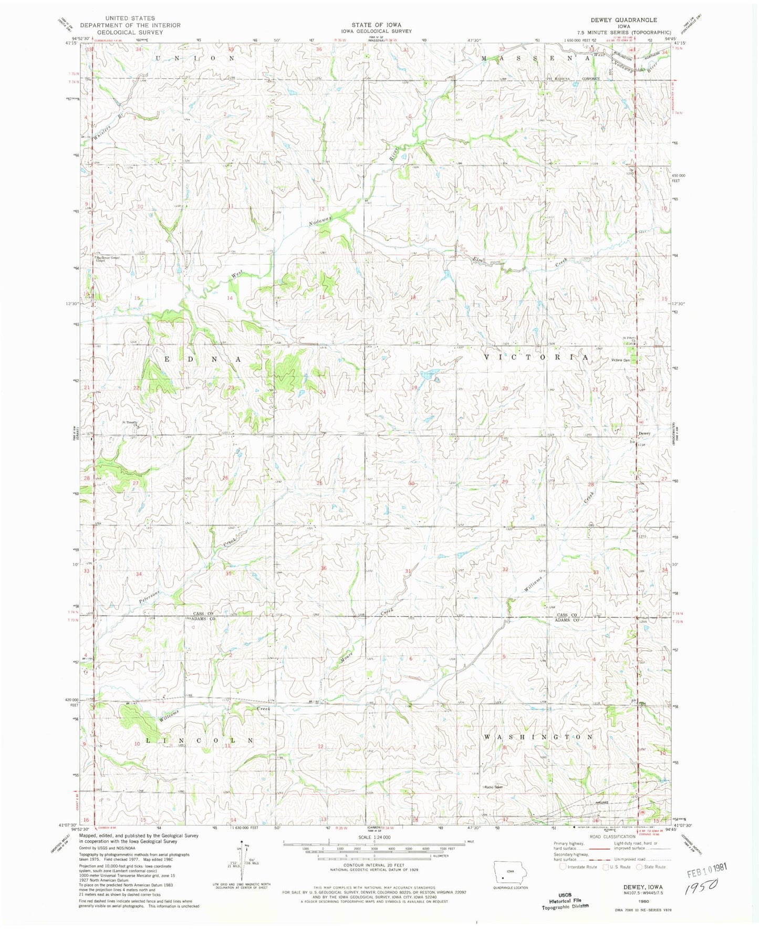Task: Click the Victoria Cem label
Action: tap(620, 360)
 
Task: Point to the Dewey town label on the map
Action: tap(644, 433)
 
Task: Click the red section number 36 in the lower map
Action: tap(324, 568)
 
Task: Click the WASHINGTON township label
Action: tap(538, 737)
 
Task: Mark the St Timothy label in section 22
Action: tap(129, 422)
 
